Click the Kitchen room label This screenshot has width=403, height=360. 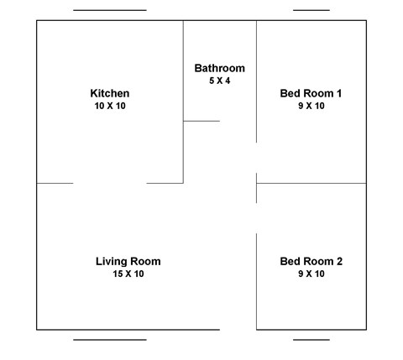click(x=109, y=92)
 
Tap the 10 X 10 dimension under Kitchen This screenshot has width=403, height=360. click(x=109, y=106)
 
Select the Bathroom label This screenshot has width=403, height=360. click(x=219, y=68)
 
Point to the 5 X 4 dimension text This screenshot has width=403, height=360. click(x=219, y=81)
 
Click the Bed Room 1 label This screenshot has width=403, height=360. click(x=311, y=92)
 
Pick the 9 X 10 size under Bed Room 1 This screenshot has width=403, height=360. click(x=311, y=106)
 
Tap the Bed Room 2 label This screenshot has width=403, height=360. click(x=311, y=261)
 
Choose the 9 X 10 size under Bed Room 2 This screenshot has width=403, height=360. click(x=311, y=274)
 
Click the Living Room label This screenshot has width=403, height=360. click(x=128, y=261)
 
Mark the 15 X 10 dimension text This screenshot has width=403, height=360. click(x=128, y=274)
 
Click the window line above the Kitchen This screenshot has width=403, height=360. click(x=109, y=10)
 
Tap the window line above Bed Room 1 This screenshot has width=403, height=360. click(x=311, y=10)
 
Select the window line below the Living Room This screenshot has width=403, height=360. click(x=109, y=340)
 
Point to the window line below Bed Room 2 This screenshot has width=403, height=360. click(x=311, y=340)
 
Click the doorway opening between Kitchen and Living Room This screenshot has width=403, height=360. click(x=109, y=183)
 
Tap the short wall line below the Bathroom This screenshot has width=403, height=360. click(x=201, y=121)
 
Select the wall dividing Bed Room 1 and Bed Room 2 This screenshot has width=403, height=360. click(x=312, y=183)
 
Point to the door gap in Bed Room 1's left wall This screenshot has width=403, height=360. click(x=256, y=158)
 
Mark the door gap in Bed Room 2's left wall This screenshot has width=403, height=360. click(x=256, y=218)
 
